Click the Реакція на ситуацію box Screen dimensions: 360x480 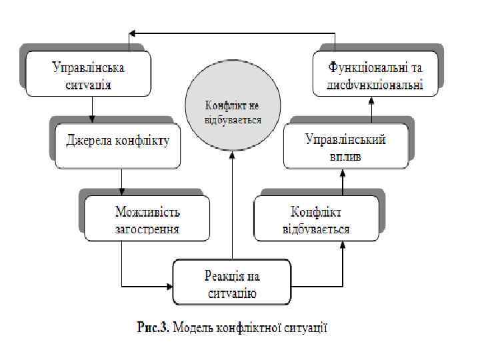[x=231, y=283]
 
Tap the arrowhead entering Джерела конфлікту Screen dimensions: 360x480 [x=91, y=121]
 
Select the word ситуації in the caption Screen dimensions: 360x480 [x=306, y=328]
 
